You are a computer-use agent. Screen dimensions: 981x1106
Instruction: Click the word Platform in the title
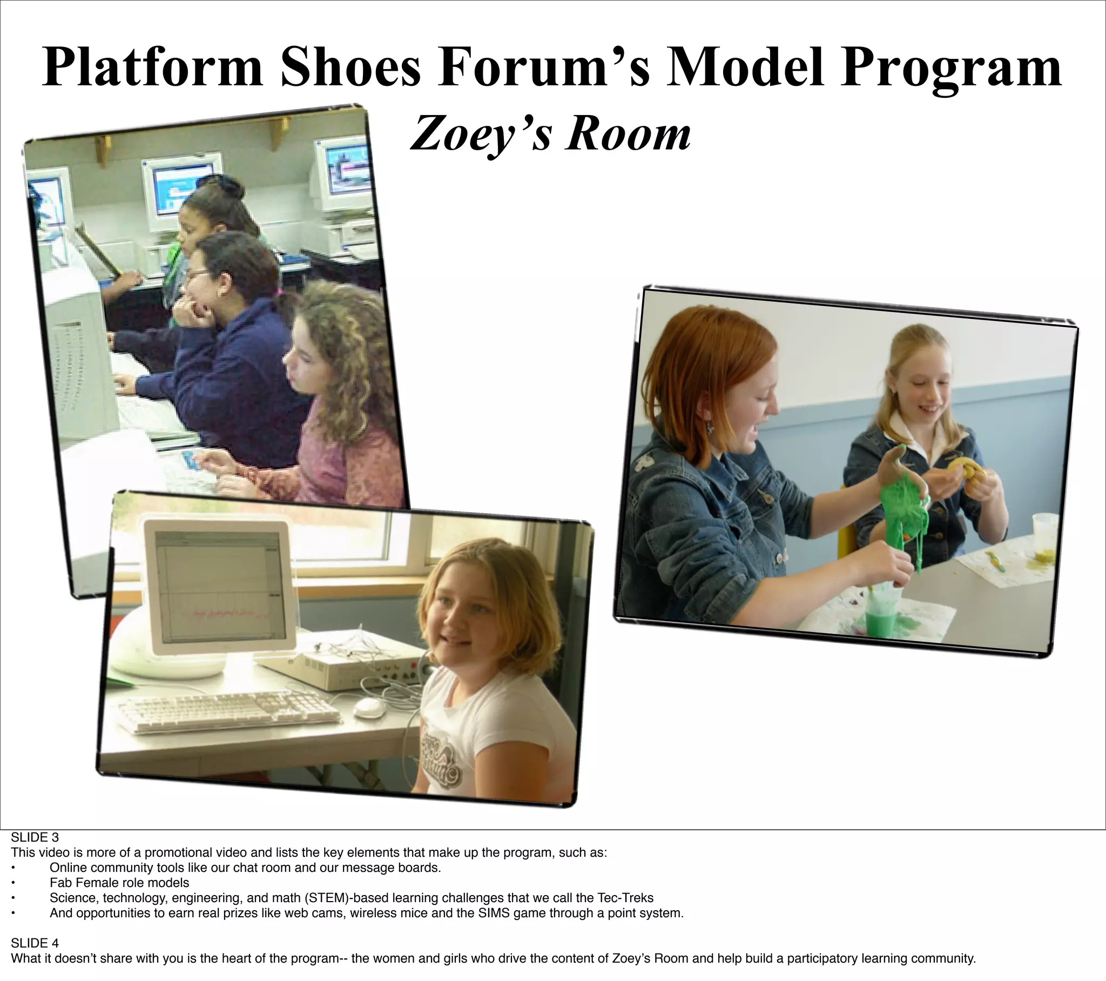click(153, 67)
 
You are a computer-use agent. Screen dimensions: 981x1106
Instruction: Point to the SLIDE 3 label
click(35, 837)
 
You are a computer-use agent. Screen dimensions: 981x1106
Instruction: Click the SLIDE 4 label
click(35, 943)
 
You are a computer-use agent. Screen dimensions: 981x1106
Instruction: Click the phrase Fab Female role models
click(119, 883)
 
